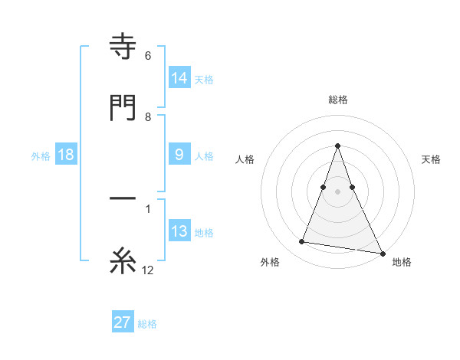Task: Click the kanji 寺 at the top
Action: [123, 47]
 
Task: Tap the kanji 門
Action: [123, 106]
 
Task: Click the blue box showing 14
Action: [179, 77]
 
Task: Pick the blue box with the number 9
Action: [179, 155]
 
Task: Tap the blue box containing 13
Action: [179, 231]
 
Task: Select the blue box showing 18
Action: [66, 155]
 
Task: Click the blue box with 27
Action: [123, 322]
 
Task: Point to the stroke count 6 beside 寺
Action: [148, 56]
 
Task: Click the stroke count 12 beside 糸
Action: [148, 270]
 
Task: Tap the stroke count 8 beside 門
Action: [148, 116]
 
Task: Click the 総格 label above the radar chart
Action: [338, 100]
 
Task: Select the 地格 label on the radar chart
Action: [402, 262]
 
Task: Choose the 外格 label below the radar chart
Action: [270, 262]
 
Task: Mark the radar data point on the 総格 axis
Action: [338, 146]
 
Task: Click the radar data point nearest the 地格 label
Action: [382, 253]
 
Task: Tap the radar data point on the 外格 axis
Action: [302, 242]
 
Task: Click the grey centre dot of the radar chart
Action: [338, 191]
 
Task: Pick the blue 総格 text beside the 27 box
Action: [147, 323]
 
